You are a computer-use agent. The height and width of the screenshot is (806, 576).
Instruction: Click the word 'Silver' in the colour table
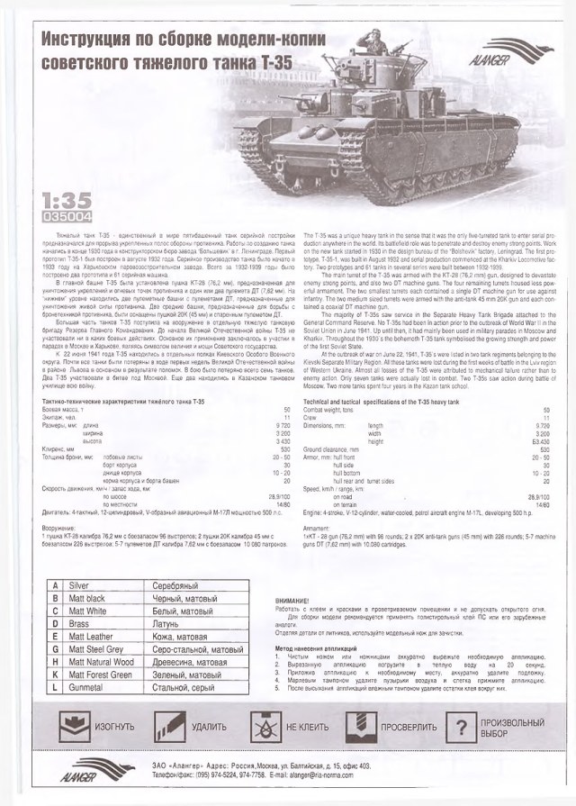[x=80, y=585]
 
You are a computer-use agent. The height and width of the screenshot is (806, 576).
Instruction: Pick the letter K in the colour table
[x=55, y=674]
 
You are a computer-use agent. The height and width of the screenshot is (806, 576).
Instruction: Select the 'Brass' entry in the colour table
[x=79, y=623]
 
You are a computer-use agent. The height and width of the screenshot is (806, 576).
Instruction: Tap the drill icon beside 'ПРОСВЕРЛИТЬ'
[x=359, y=726]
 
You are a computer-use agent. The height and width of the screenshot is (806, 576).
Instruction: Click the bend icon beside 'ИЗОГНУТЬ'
[x=69, y=726]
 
